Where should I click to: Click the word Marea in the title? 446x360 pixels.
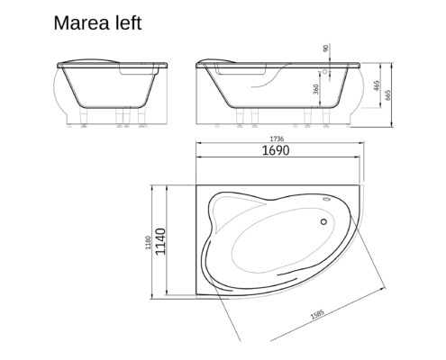coord(82,23)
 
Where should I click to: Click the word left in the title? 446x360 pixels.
coord(129,22)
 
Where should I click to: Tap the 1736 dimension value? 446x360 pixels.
coord(277,139)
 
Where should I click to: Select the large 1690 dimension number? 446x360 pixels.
coord(276,150)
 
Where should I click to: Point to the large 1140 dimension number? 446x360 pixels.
coord(160,241)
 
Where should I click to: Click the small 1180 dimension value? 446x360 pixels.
coord(148,243)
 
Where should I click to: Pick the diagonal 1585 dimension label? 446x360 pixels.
coord(317,314)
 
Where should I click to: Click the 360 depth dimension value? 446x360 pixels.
coord(315,89)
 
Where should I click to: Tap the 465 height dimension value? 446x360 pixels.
coord(377,85)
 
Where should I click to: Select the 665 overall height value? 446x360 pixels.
coord(387,95)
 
